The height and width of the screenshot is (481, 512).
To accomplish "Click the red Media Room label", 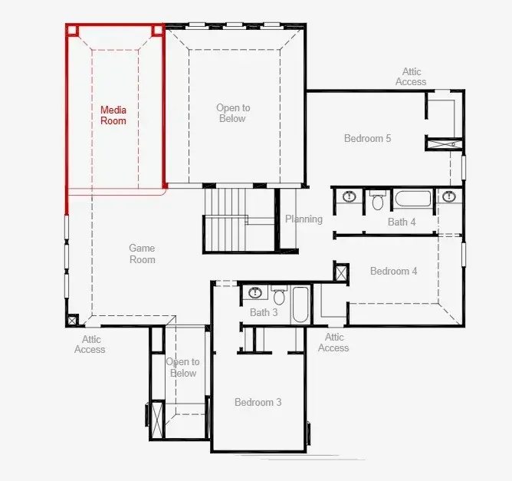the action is [x=113, y=115].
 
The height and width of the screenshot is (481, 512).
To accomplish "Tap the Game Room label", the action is [x=142, y=254].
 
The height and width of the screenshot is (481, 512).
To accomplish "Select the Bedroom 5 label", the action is [x=367, y=138].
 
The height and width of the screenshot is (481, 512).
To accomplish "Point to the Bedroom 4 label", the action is [x=393, y=271].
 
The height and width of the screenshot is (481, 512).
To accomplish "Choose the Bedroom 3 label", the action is [x=258, y=402].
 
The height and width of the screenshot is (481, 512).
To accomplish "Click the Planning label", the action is [x=304, y=219].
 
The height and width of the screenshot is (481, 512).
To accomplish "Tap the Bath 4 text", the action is [x=402, y=222].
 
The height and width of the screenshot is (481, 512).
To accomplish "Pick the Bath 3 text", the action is [x=264, y=312].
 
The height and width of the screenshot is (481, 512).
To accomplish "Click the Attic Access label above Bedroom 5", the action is [x=411, y=77].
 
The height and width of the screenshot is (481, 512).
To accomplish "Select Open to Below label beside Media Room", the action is [x=233, y=113].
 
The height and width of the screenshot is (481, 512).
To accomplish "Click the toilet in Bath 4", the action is [x=378, y=200].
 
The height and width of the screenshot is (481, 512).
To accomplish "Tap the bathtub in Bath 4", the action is [x=413, y=199].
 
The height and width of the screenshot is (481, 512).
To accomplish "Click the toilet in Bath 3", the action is [x=279, y=295].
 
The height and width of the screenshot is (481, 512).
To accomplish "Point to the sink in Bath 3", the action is [x=255, y=292].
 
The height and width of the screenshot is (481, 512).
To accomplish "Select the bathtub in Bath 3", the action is [x=300, y=305].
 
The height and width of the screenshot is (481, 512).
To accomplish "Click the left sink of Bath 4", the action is [x=350, y=196].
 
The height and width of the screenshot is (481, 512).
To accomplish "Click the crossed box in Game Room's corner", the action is [x=72, y=320].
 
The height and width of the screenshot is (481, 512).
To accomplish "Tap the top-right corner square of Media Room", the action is [x=157, y=31].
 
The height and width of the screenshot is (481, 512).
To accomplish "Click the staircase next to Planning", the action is [x=239, y=219].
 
